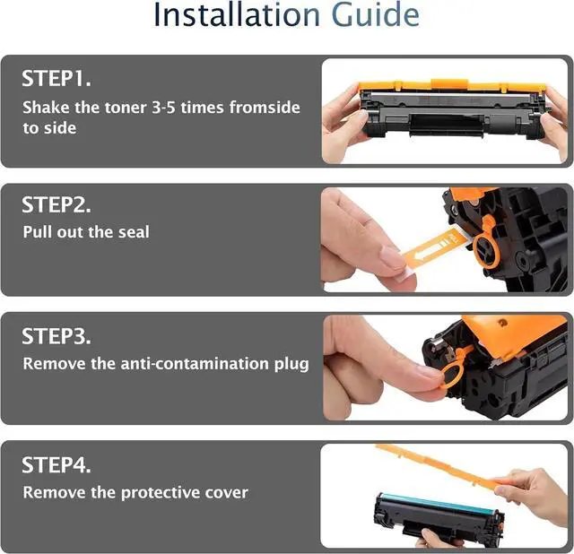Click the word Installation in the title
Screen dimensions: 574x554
[237, 14]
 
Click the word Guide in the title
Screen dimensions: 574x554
[375, 14]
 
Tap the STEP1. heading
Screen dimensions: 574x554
[57, 78]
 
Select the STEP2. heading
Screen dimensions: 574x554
[57, 204]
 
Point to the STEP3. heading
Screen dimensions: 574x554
[57, 336]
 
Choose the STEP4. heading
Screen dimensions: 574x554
[57, 464]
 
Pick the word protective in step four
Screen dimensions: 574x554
[161, 493]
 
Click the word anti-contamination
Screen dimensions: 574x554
[195, 364]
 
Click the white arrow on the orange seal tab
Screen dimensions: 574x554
[429, 251]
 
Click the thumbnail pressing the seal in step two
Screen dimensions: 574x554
[390, 256]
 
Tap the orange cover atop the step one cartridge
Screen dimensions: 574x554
[451, 86]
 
